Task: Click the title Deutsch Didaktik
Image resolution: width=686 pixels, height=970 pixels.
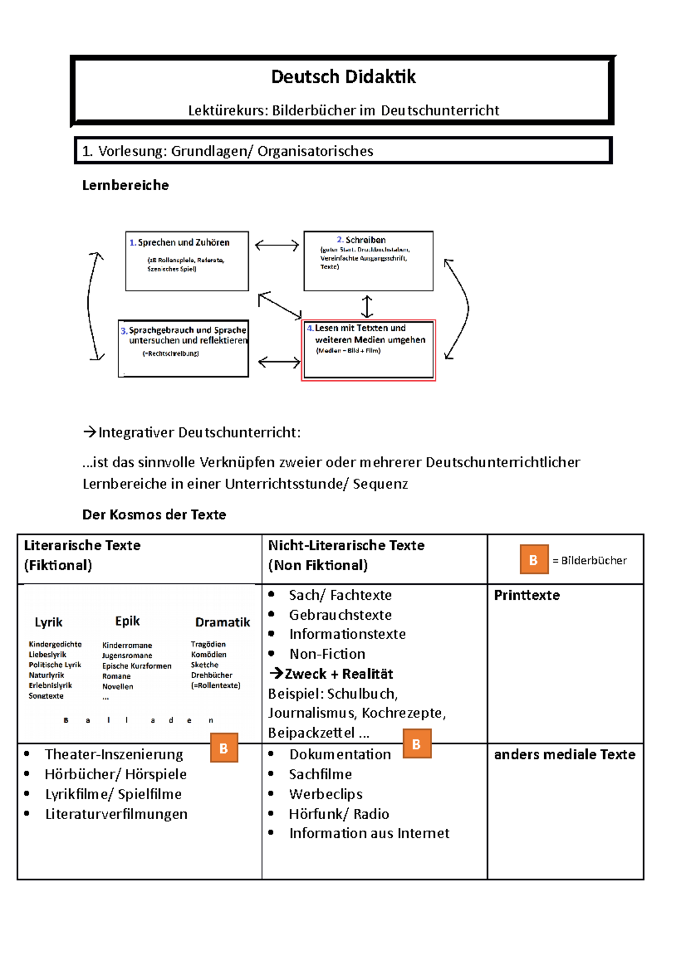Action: [x=343, y=77]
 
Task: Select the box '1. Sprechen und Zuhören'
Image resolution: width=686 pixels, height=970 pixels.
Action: [x=187, y=261]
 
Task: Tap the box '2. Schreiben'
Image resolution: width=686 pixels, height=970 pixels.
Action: [x=368, y=260]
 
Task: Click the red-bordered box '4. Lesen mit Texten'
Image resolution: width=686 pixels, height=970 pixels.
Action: [x=368, y=350]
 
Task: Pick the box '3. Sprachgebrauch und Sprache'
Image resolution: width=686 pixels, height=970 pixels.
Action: [x=184, y=348]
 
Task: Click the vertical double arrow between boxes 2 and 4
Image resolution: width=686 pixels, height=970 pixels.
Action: [x=367, y=306]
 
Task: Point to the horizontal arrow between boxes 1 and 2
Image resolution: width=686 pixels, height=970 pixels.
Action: [x=277, y=246]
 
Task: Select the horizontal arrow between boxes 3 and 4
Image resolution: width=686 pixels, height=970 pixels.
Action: [x=279, y=362]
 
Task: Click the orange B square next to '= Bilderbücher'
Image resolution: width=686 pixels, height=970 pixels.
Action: [x=533, y=560]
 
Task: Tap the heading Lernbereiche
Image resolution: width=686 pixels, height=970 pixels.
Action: [x=125, y=185]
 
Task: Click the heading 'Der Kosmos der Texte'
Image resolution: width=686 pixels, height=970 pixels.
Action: [x=154, y=515]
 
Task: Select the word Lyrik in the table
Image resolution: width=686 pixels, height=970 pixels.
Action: [x=49, y=622]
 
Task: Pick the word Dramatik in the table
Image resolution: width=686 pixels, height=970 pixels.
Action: [x=222, y=622]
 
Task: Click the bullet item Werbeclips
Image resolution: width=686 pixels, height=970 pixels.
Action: [x=325, y=794]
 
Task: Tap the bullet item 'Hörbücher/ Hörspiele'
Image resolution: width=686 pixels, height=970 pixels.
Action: [x=115, y=774]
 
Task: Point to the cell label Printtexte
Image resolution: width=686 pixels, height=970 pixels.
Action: [x=527, y=595]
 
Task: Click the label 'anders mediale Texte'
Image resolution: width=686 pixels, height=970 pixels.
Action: [x=564, y=755]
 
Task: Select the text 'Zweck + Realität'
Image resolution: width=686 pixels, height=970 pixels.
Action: [x=338, y=674]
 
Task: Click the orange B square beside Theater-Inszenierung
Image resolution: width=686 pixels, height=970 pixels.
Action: [x=224, y=748]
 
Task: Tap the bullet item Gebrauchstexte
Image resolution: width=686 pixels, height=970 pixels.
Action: [x=340, y=615]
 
